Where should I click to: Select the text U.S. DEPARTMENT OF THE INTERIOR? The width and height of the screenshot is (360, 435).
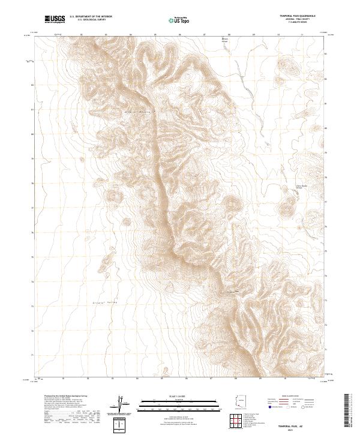pyautogui.click(x=91, y=17)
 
